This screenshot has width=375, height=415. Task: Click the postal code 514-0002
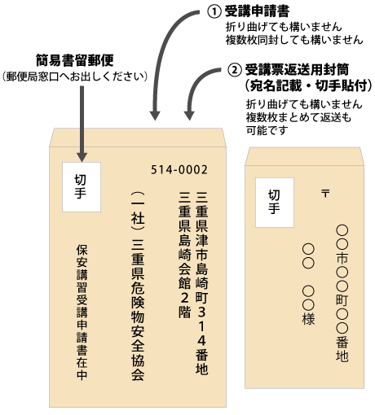click(x=179, y=170)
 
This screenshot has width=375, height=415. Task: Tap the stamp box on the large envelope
click(x=82, y=187)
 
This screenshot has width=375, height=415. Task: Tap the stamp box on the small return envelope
click(x=275, y=203)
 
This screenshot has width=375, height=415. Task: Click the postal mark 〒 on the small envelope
click(x=325, y=194)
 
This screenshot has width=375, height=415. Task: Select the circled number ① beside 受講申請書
click(x=214, y=12)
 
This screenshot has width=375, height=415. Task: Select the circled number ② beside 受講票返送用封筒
click(x=235, y=70)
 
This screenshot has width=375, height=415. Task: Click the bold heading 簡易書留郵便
click(x=75, y=60)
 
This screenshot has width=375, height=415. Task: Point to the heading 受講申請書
click(x=257, y=11)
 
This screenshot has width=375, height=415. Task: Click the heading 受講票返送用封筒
click(x=297, y=70)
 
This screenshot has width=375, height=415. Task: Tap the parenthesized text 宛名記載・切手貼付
click(x=308, y=85)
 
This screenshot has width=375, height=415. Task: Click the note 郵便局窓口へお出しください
click(x=75, y=76)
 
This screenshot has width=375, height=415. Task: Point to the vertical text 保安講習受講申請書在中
click(x=82, y=312)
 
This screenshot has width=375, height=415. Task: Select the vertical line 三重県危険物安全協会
click(x=138, y=286)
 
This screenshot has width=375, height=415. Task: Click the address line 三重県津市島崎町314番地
click(x=201, y=283)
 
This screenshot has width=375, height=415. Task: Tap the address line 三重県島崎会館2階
click(x=184, y=255)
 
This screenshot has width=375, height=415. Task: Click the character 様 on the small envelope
click(x=308, y=319)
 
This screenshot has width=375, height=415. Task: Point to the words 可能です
click(x=267, y=130)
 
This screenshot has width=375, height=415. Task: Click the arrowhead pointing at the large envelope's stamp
click(x=82, y=157)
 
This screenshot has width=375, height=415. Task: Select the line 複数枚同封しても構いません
click(x=294, y=40)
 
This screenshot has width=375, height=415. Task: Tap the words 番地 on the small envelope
click(x=342, y=349)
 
